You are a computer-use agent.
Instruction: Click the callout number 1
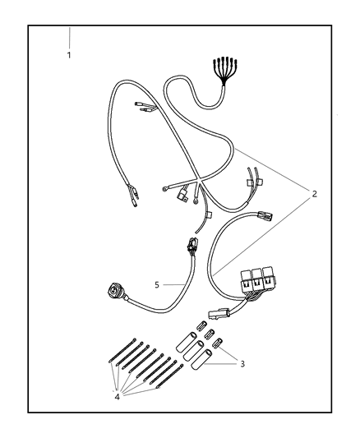point(69,55)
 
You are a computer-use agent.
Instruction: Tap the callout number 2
point(315,194)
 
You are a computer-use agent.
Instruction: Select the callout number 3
point(242,364)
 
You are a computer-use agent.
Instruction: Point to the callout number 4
point(117,396)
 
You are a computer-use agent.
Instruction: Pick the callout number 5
point(157,285)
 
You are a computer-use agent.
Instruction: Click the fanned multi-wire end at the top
point(225,71)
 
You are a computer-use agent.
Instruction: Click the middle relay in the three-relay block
point(256,279)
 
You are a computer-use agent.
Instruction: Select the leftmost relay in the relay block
point(246,280)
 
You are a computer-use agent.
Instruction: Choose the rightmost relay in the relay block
point(267,279)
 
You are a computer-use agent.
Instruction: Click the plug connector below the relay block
point(219,312)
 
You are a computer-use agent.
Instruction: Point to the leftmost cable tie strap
point(122,351)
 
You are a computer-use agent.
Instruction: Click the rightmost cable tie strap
point(170,376)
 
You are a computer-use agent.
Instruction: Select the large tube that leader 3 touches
point(201,360)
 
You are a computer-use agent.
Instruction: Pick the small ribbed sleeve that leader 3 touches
point(218,343)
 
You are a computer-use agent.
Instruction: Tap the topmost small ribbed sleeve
point(201,325)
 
